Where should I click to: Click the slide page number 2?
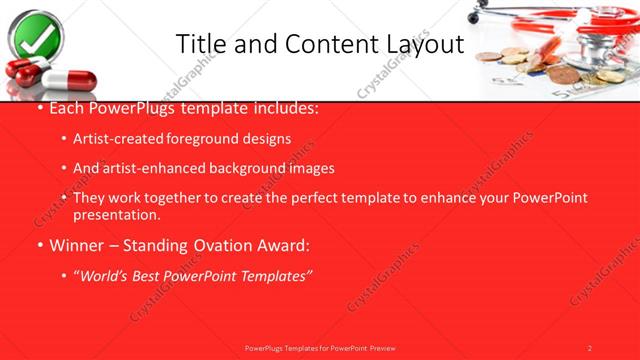coord(590,347)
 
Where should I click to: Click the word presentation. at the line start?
coord(116,214)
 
